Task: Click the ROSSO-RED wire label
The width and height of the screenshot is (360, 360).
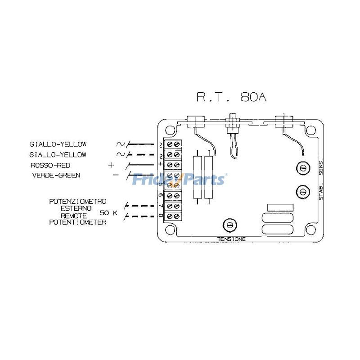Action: (50, 165)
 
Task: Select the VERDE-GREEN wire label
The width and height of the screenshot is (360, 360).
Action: (56, 175)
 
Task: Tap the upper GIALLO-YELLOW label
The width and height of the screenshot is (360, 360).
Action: (58, 144)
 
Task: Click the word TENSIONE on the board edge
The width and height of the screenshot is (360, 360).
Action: (231, 239)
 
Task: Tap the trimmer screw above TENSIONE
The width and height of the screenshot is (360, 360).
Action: (229, 224)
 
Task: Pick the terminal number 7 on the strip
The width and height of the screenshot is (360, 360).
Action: (161, 206)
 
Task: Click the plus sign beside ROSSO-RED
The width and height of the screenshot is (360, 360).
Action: (111, 165)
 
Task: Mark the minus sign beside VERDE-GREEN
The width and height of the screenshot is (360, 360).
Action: (115, 175)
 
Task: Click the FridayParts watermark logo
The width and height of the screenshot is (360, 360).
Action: (179, 180)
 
